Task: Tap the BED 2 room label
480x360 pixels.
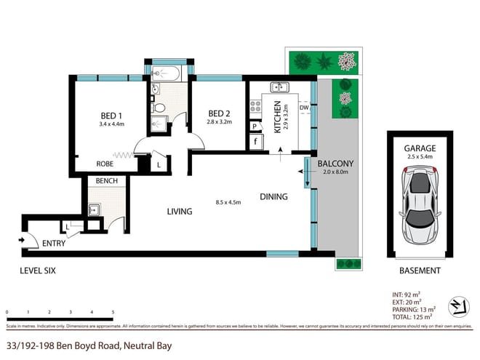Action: pyautogui.click(x=220, y=113)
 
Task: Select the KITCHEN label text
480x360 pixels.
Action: pyautogui.click(x=277, y=118)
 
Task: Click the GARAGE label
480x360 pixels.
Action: pyautogui.click(x=420, y=148)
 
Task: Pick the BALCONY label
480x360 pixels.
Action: pyautogui.click(x=336, y=163)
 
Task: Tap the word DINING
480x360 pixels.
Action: pyautogui.click(x=273, y=196)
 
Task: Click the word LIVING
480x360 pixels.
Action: pyautogui.click(x=180, y=212)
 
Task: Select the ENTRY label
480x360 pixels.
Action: pyautogui.click(x=53, y=244)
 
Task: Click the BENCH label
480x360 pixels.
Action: pyautogui.click(x=107, y=180)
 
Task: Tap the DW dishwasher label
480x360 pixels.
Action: pyautogui.click(x=304, y=108)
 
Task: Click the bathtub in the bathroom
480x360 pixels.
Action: pyautogui.click(x=168, y=73)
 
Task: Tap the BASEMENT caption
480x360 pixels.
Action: pyautogui.click(x=420, y=271)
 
